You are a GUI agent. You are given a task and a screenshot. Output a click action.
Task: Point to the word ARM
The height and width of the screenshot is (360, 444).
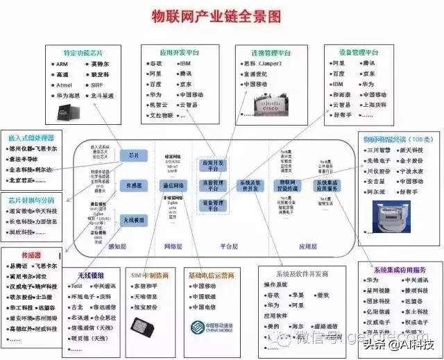[61, 64]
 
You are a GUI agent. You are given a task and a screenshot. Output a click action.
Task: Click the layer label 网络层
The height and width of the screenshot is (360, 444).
[173, 246]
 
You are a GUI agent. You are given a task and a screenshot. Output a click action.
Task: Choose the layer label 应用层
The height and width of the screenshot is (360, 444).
[308, 246]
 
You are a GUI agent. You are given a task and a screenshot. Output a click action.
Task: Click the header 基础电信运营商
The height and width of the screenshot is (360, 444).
[214, 274]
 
